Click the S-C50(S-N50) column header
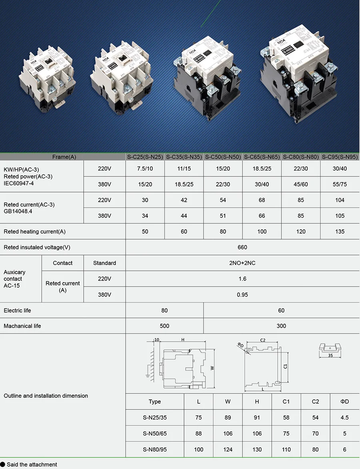[223, 157]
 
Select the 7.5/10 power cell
[145, 168]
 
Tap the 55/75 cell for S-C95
[340, 184]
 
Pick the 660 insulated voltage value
[242, 247]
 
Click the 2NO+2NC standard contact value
[242, 263]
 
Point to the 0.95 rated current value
[242, 295]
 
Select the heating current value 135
[340, 231]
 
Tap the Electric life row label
[17, 311]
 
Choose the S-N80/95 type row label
[155, 449]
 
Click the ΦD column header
[344, 401]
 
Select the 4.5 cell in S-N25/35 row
[344, 417]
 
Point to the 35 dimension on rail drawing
[330, 355]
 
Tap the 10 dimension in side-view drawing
[157, 340]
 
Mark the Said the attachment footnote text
[32, 465]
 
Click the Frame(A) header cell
[64, 157]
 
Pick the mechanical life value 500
[164, 326]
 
